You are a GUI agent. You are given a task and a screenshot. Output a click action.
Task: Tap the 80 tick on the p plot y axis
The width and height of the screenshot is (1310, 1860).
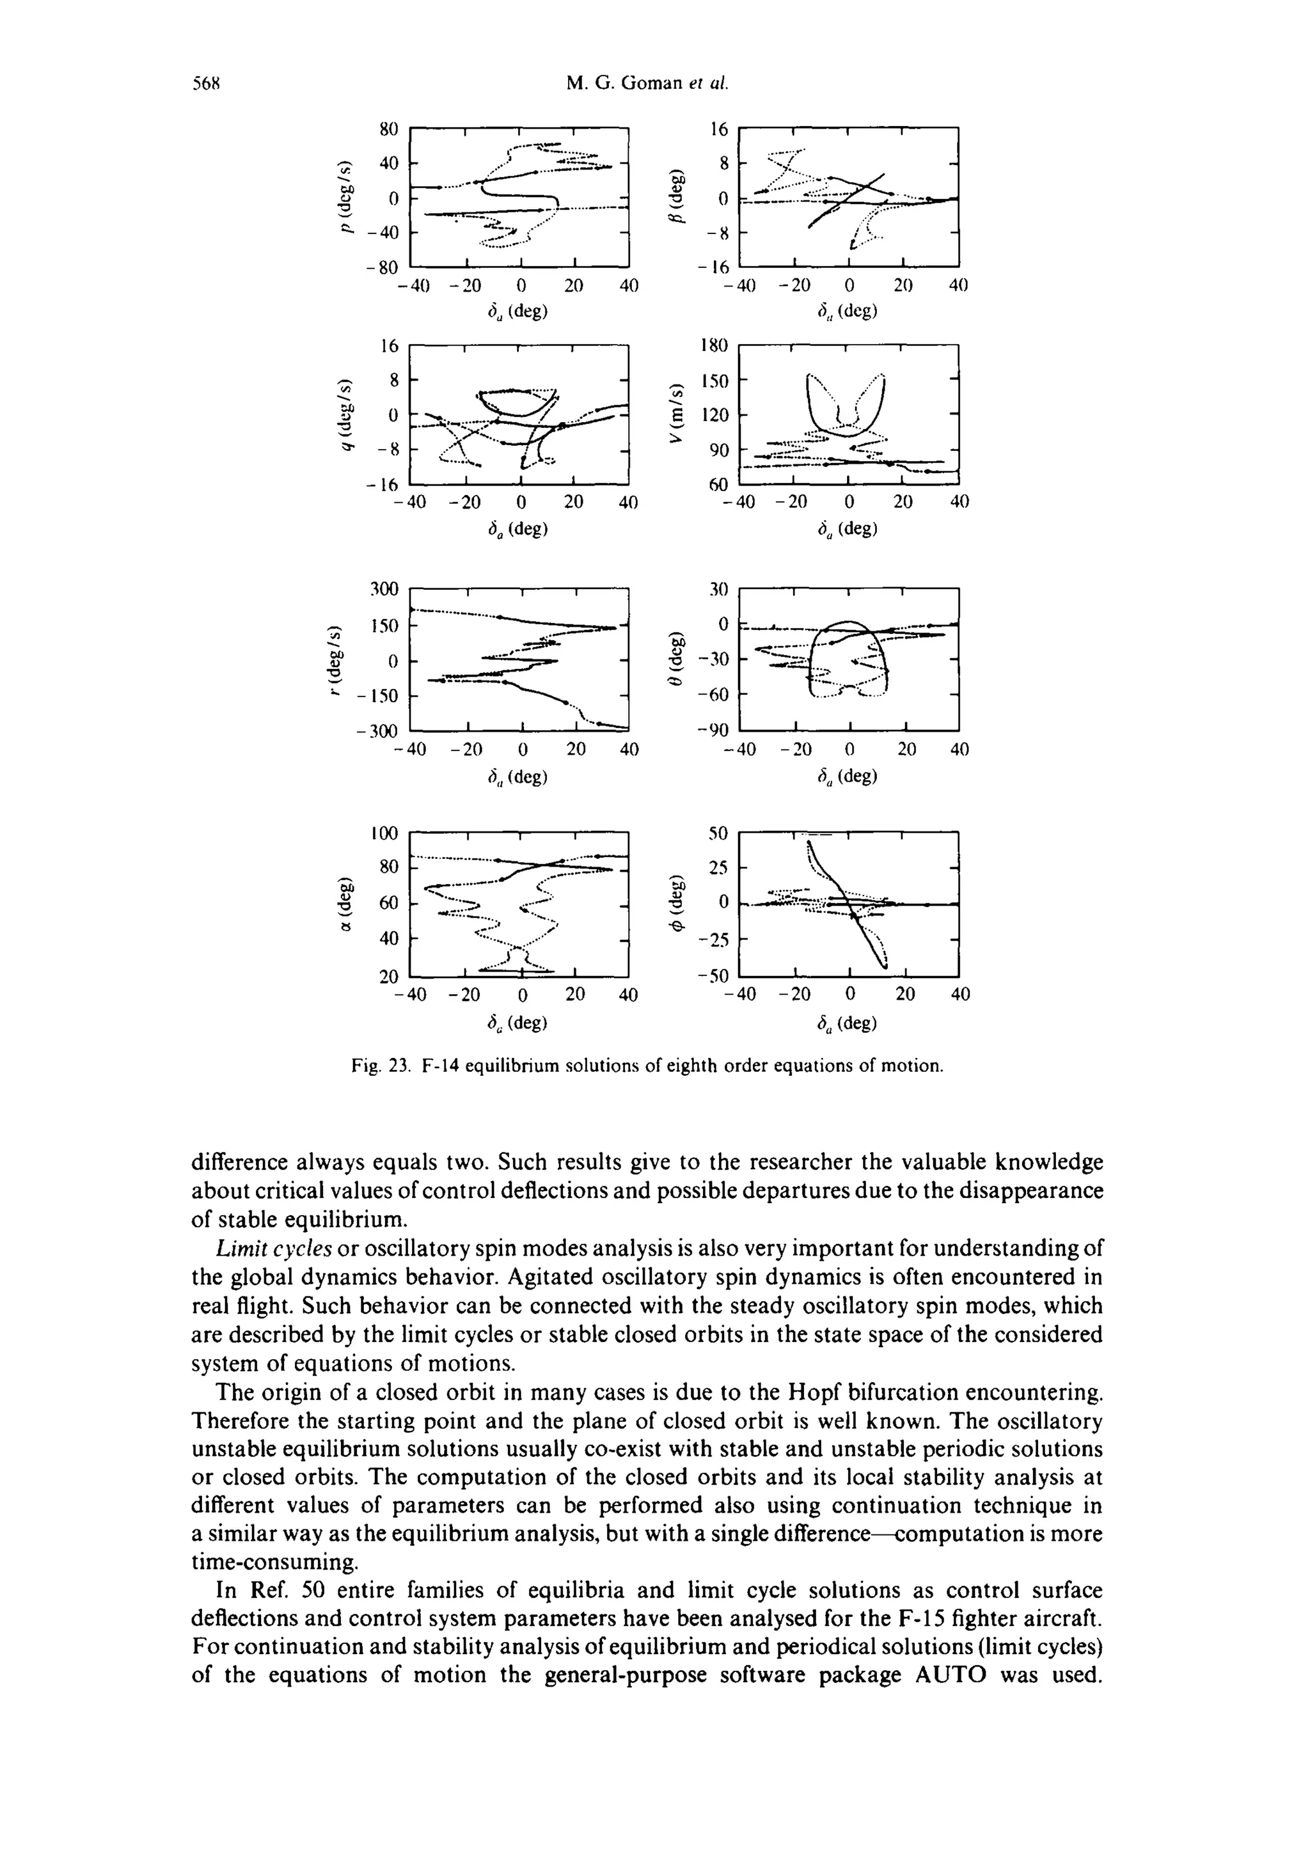click(x=390, y=129)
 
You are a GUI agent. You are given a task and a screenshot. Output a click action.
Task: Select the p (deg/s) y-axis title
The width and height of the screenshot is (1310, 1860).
click(x=347, y=198)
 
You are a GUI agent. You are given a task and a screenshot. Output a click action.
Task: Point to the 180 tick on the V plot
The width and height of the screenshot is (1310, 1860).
click(x=714, y=346)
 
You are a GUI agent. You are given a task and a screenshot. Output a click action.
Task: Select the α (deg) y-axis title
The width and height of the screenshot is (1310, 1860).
click(x=346, y=904)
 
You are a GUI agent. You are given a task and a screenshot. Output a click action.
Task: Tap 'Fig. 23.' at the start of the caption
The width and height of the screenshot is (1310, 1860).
click(x=377, y=1066)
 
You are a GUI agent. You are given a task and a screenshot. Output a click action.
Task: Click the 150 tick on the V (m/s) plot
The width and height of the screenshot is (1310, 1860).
click(x=714, y=381)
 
